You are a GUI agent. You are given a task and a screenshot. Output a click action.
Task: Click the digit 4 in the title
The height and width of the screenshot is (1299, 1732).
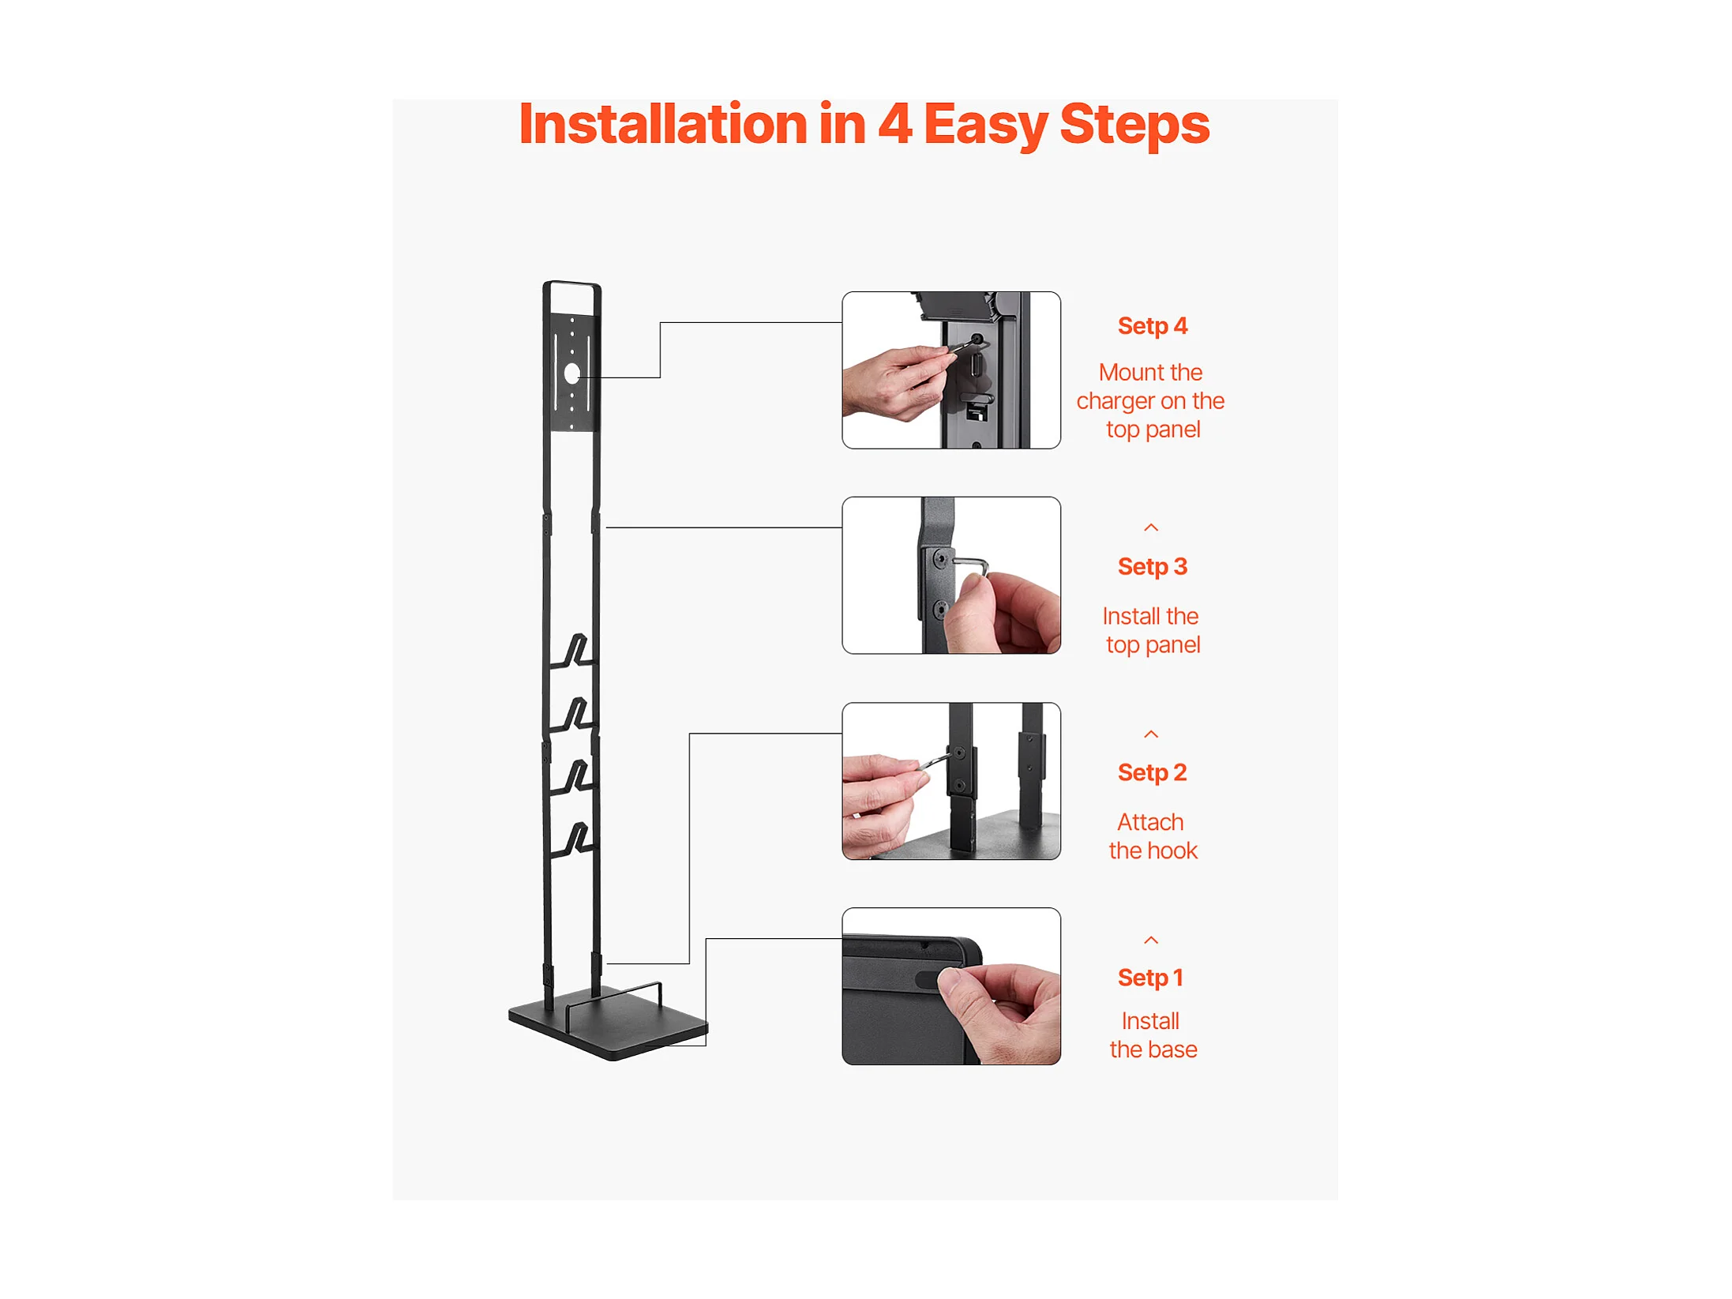pos(895,124)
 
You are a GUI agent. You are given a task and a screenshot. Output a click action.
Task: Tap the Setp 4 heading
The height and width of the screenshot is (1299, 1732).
pos(1152,326)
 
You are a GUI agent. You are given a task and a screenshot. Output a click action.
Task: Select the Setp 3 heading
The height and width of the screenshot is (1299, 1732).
pos(1152,567)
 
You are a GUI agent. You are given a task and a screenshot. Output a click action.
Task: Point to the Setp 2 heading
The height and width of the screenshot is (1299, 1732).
pos(1152,773)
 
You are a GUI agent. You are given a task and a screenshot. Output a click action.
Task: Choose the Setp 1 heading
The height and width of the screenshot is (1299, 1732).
pos(1150,978)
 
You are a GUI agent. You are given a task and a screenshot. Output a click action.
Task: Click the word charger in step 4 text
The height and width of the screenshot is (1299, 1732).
pos(1115,402)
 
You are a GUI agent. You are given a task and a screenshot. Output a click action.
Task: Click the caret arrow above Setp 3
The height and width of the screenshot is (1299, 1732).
pos(1151,527)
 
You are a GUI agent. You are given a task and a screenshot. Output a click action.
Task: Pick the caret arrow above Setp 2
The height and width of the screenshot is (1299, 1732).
pos(1151,734)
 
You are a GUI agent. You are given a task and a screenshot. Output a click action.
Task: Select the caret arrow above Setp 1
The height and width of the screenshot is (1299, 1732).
pos(1151,940)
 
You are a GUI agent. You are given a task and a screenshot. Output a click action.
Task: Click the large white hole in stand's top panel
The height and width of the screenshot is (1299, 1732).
pos(572,374)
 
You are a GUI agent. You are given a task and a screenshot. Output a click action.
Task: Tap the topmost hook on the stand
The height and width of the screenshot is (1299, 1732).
pos(573,652)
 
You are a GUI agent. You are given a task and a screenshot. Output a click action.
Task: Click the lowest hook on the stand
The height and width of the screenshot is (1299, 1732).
pos(573,839)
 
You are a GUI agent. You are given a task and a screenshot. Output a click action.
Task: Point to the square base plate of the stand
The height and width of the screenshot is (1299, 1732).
pos(608,1024)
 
